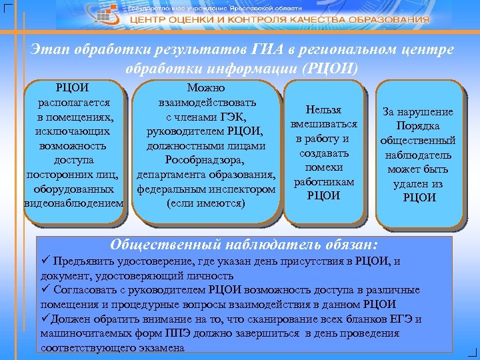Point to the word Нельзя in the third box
[323, 109]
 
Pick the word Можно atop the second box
[206, 88]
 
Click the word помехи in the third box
[323, 167]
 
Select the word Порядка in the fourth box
[419, 126]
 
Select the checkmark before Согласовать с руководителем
[45, 290]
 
